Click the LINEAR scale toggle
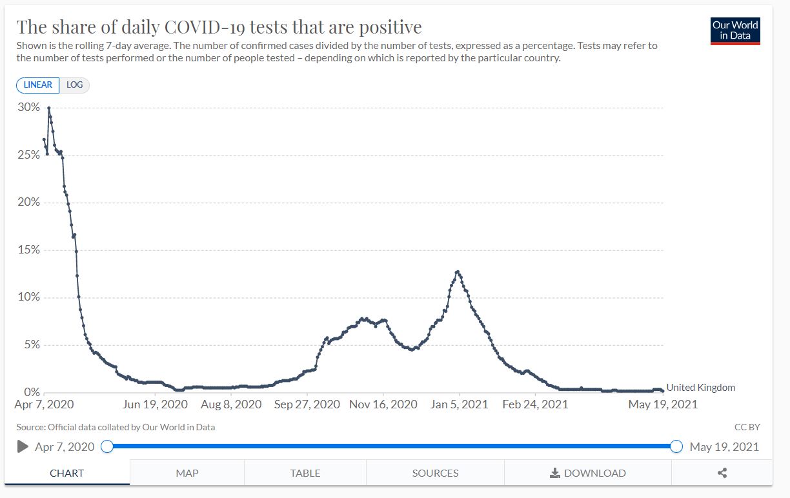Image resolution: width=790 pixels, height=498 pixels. click(38, 85)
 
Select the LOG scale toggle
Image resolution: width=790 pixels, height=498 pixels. click(75, 85)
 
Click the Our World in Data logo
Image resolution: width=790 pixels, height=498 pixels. click(735, 30)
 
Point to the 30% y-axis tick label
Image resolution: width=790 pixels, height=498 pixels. click(28, 107)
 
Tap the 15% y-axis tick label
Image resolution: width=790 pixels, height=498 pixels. click(28, 250)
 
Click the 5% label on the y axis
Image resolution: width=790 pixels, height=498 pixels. click(31, 344)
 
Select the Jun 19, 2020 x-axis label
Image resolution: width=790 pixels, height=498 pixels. click(155, 404)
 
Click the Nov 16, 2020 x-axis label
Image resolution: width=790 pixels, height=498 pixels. click(383, 404)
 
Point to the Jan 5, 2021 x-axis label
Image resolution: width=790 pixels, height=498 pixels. click(460, 404)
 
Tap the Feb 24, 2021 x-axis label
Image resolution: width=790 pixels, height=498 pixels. click(535, 404)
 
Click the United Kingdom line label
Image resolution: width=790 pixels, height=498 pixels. click(700, 388)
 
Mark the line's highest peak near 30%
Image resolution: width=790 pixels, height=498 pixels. click(48, 108)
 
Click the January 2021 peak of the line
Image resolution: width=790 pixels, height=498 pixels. click(457, 272)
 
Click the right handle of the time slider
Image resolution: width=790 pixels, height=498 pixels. click(676, 446)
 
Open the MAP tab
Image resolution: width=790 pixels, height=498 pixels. click(187, 473)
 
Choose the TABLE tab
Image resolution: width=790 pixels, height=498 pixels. click(305, 473)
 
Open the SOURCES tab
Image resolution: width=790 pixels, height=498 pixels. click(435, 473)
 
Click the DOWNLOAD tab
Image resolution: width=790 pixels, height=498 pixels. click(587, 473)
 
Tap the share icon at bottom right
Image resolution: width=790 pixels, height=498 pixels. click(722, 473)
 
